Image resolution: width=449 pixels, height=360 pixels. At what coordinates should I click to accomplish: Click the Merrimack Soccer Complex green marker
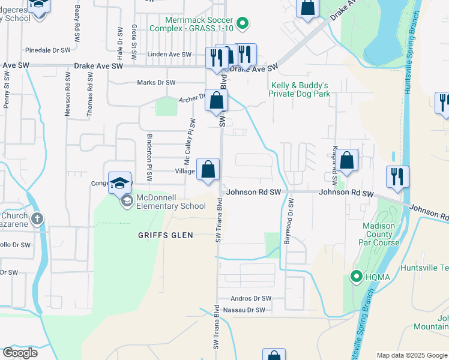click(243, 24)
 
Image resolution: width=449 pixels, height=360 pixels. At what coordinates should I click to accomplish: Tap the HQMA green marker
click(355, 277)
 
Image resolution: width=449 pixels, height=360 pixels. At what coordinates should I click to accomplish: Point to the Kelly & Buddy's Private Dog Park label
click(300, 89)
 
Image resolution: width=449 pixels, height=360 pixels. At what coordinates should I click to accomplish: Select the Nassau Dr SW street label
click(243, 310)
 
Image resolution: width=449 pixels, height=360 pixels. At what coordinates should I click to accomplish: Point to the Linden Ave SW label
click(170, 55)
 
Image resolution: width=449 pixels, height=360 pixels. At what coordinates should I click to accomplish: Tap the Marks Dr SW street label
click(156, 83)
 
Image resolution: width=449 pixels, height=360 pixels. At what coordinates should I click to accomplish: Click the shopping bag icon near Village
click(208, 170)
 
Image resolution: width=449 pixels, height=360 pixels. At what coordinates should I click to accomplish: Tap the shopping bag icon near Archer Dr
click(217, 100)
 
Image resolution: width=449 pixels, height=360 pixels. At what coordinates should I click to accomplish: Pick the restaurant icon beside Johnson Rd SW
click(397, 176)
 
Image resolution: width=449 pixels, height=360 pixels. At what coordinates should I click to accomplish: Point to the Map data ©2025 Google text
click(412, 355)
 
